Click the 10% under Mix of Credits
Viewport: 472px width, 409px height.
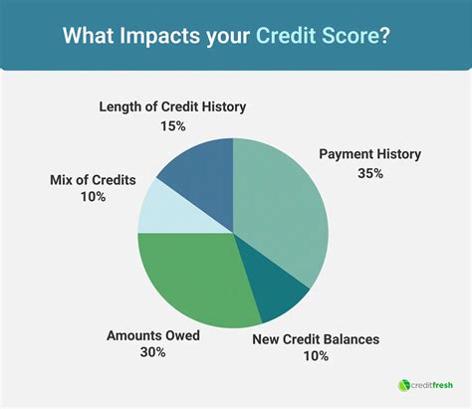point(92,198)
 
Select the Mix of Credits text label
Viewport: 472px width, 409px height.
point(93,180)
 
